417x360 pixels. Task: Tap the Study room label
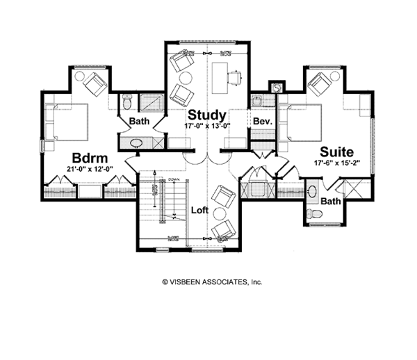click(207, 115)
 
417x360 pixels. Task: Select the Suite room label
click(337, 151)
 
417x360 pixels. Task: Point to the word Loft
click(200, 208)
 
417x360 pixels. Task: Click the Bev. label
click(261, 121)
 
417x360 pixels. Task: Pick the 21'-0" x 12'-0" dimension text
click(90, 168)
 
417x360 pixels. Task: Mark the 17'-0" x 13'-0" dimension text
click(207, 126)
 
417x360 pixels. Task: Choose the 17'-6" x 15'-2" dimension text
click(337, 163)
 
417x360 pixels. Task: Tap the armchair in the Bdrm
click(95, 84)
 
